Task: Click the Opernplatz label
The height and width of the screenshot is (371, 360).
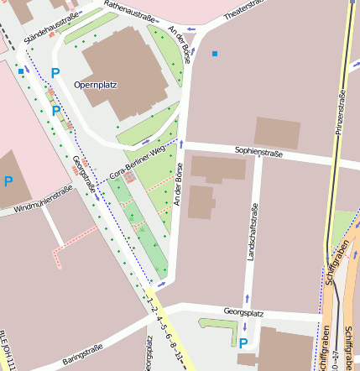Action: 96,85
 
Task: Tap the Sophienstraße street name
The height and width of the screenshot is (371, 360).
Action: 258,154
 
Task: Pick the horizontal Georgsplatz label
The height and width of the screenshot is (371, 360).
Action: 243,312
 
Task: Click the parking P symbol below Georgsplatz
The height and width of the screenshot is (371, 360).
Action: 243,342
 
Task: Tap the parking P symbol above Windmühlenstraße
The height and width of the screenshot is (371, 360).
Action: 8,181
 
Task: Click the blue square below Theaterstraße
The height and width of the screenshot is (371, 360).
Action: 215,54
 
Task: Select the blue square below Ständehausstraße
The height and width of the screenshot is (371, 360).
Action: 21,71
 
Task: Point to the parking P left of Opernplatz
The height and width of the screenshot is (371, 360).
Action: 55,74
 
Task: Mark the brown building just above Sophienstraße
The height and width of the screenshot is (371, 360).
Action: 277,133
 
